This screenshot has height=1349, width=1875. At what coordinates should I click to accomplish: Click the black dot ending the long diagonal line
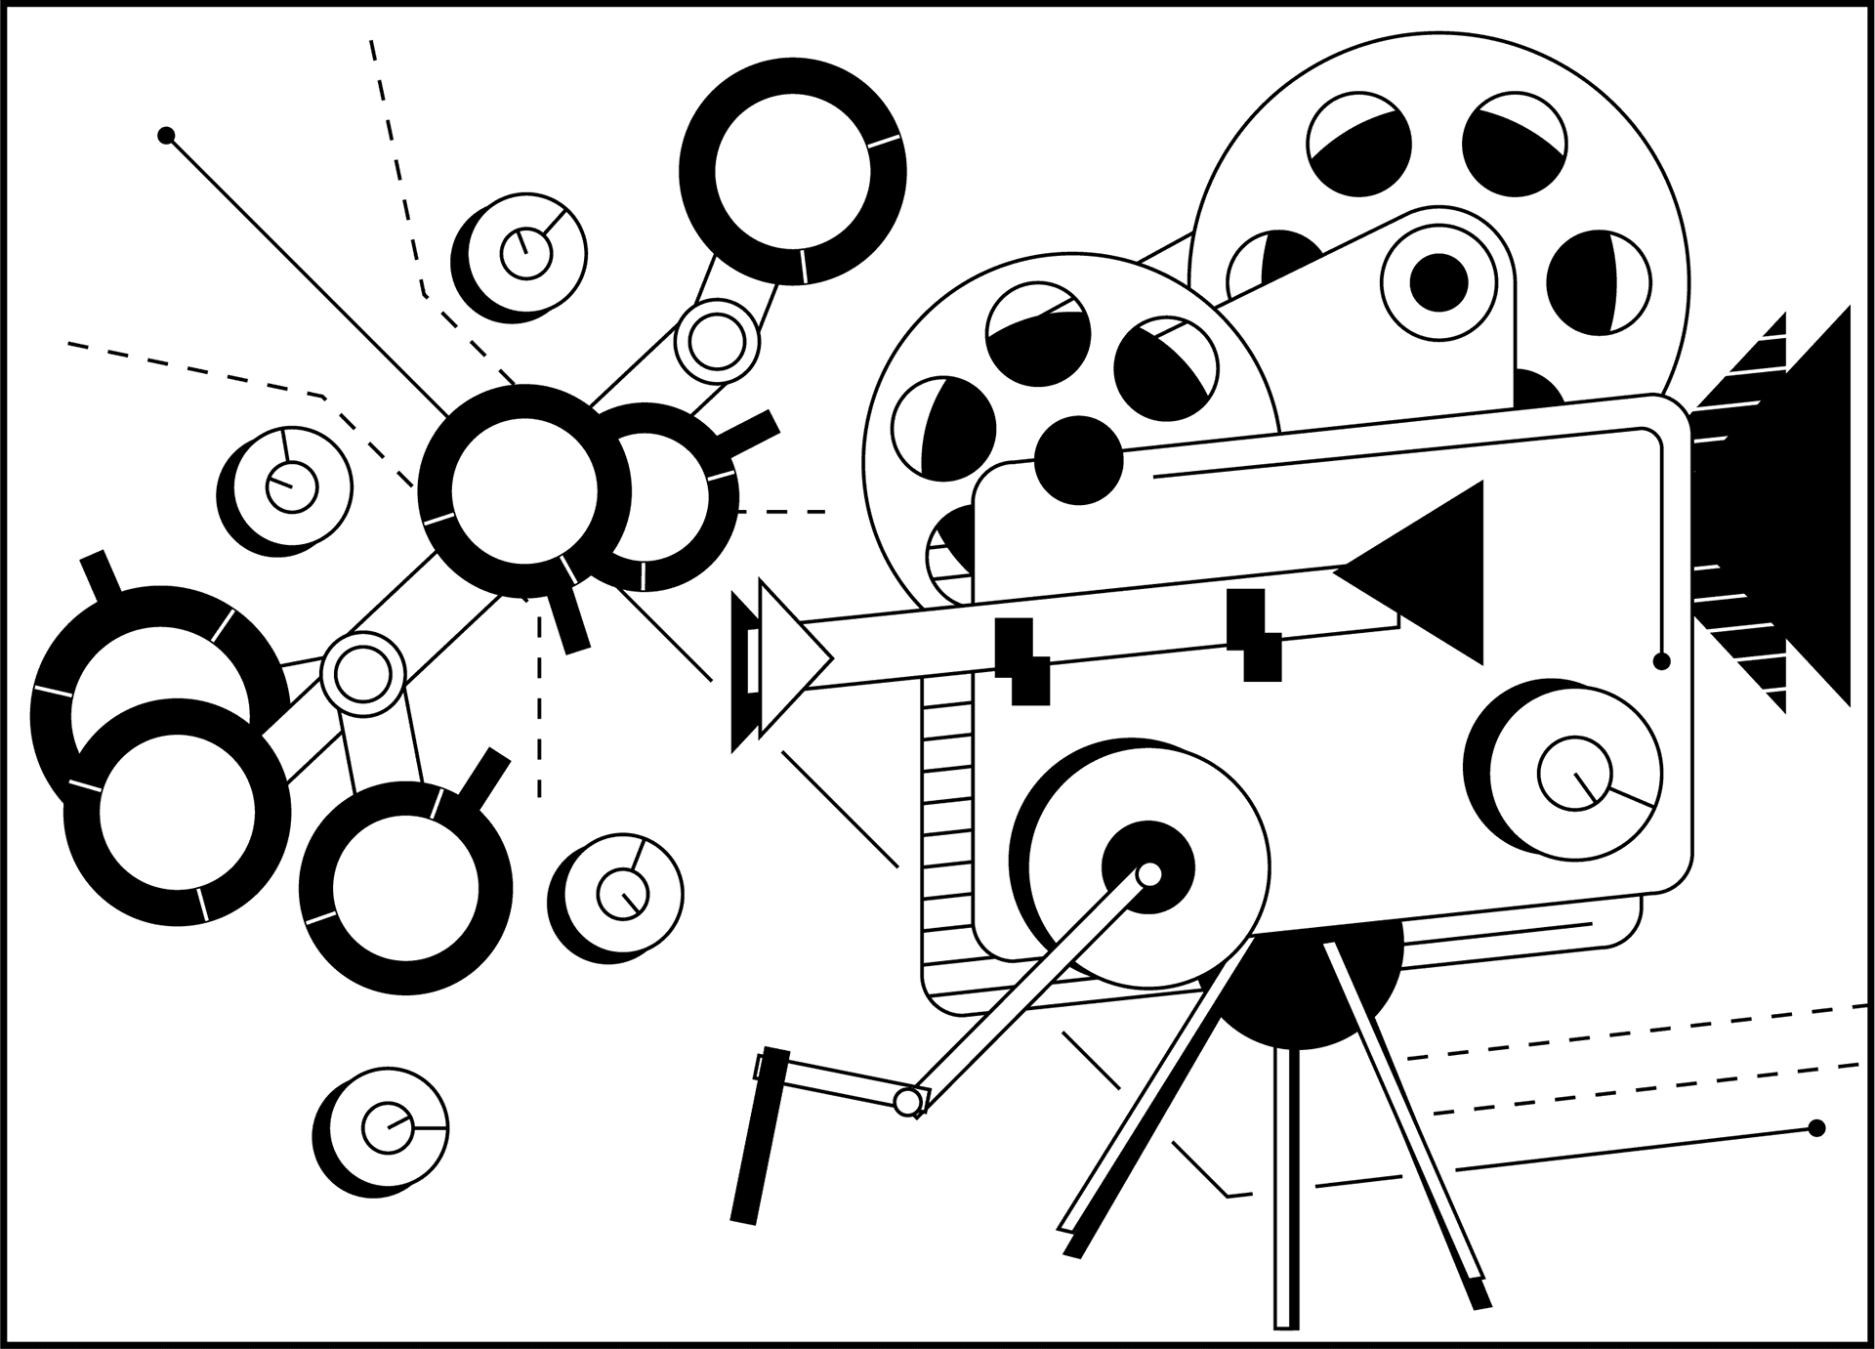pyautogui.click(x=166, y=135)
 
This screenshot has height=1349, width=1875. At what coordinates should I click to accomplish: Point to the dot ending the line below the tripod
pyautogui.click(x=1816, y=1128)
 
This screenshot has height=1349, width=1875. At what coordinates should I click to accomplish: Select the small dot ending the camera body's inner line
pyautogui.click(x=1661, y=661)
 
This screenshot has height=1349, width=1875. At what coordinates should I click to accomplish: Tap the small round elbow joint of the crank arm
pyautogui.click(x=908, y=1102)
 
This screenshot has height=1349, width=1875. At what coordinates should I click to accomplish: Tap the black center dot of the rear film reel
pyautogui.click(x=1438, y=281)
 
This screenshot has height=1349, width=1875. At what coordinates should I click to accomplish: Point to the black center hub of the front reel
pyautogui.click(x=1078, y=459)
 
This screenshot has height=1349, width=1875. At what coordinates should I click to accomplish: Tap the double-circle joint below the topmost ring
pyautogui.click(x=718, y=341)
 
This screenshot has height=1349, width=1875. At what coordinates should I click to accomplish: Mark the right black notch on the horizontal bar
pyautogui.click(x=1254, y=635)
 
